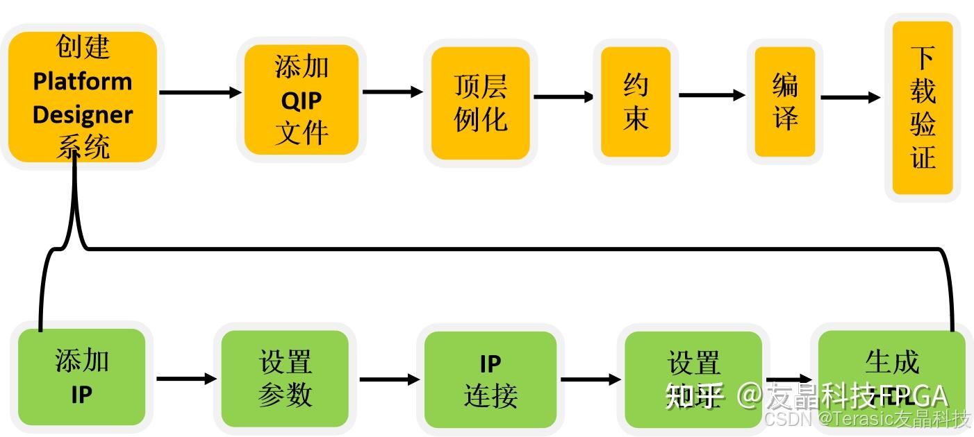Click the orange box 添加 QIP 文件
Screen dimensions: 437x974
[x=301, y=101]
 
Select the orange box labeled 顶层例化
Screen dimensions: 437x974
[x=481, y=103]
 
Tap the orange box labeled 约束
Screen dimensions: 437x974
[x=636, y=102]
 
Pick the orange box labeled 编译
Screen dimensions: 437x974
[x=785, y=102]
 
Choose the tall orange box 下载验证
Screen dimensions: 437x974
[x=923, y=108]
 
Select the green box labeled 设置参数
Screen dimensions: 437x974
[x=285, y=378]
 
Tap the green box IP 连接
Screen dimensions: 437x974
[x=490, y=379]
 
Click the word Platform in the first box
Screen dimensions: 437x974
[x=83, y=81]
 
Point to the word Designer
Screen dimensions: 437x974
[x=83, y=114]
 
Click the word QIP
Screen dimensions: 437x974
[x=302, y=101]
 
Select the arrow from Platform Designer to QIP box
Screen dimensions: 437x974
[x=200, y=92]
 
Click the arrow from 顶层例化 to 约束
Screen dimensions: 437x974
[x=563, y=96]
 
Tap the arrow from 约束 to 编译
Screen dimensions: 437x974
[x=711, y=95]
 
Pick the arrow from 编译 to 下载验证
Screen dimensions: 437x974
[x=850, y=98]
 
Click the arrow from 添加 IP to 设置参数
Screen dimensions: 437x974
[x=186, y=379]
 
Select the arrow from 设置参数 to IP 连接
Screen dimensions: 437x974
[x=389, y=379]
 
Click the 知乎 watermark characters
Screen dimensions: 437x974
[x=695, y=395]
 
